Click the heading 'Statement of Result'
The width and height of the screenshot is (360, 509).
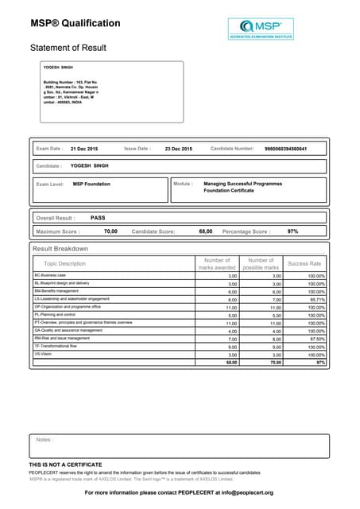(x=68, y=48)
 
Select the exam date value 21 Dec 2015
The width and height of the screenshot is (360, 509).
(x=84, y=149)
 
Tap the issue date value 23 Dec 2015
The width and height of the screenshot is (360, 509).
(x=178, y=149)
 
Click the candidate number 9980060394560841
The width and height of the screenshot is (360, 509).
(x=285, y=149)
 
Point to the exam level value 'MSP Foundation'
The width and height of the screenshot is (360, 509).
(x=91, y=184)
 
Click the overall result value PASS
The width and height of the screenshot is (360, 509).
(x=98, y=217)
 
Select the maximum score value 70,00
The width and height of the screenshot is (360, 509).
(x=110, y=231)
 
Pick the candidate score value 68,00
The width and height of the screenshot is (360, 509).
(x=205, y=231)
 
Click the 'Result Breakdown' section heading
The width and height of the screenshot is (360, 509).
(x=60, y=249)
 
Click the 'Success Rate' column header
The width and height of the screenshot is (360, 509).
(x=304, y=263)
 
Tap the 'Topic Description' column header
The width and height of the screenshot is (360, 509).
(x=65, y=263)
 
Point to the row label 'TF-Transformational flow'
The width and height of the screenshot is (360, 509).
(x=56, y=347)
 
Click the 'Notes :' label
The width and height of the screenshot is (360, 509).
(x=45, y=439)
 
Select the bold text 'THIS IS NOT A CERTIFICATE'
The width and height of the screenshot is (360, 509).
(x=66, y=464)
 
